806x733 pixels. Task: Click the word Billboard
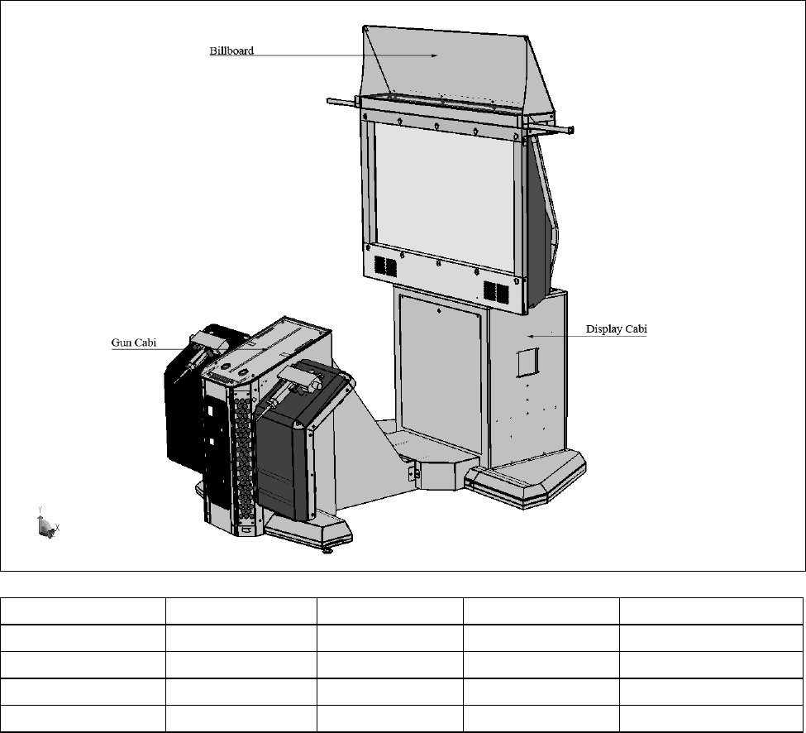coord(231,50)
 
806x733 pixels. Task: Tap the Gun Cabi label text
coord(134,342)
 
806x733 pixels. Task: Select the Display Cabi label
coord(616,328)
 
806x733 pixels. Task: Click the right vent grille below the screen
coord(495,291)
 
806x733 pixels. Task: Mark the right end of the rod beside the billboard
coord(569,131)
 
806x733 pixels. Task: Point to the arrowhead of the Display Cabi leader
coord(529,336)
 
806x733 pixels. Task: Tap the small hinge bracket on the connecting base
coord(415,472)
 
